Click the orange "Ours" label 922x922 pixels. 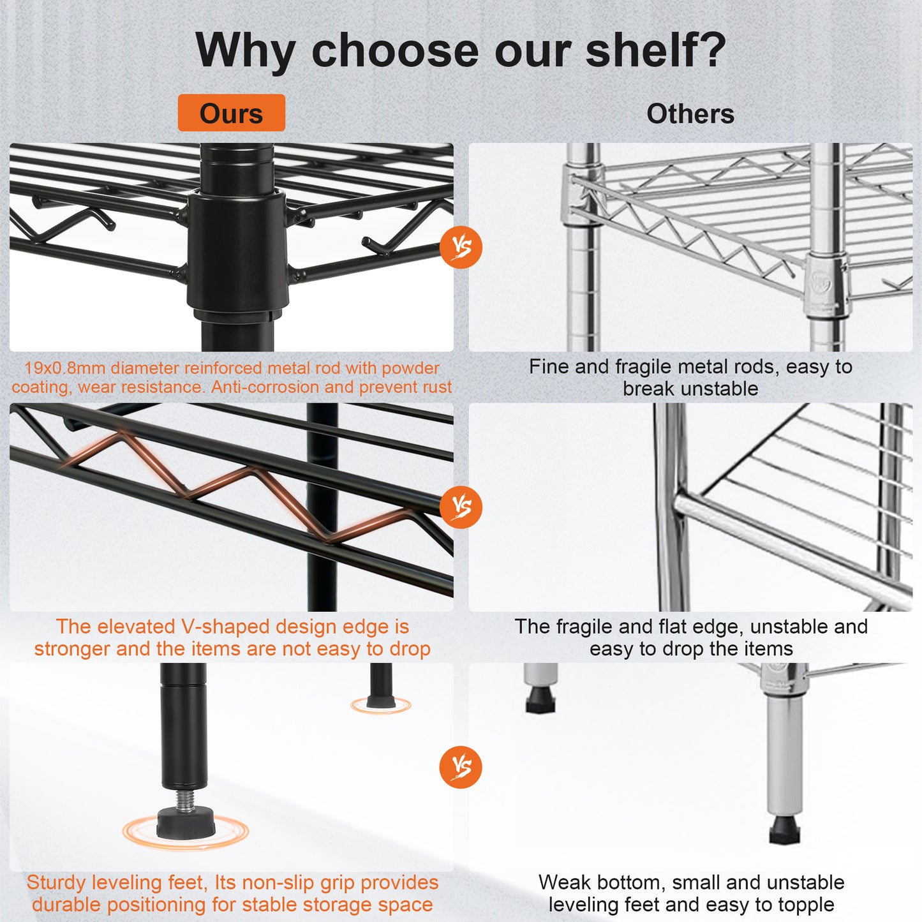pos(231,114)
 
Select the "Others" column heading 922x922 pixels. pos(690,114)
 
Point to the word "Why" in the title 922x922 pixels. pos(246,51)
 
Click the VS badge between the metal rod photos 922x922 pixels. pos(461,247)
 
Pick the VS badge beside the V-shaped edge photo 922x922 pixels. pos(461,507)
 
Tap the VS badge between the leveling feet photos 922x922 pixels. pos(461,766)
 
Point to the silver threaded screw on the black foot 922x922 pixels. pos(184,798)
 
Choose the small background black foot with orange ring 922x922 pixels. pos(381,702)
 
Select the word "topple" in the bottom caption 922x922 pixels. pos(803,905)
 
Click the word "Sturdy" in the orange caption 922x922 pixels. pos(56,882)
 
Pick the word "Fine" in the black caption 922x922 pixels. pos(549,367)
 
